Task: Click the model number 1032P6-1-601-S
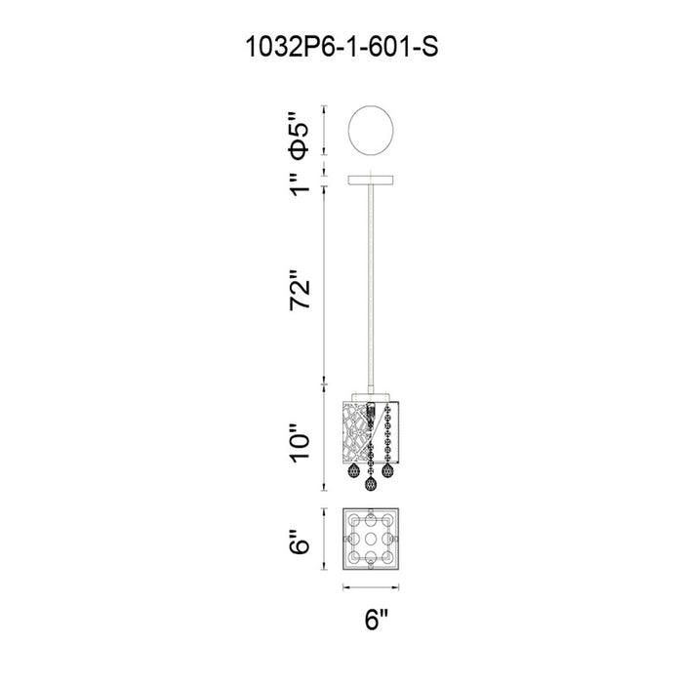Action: pyautogui.click(x=341, y=47)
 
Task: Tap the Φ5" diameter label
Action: pyautogui.click(x=300, y=135)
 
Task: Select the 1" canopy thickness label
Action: pyautogui.click(x=300, y=184)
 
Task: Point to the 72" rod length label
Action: pyautogui.click(x=301, y=290)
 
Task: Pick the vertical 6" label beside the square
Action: pyautogui.click(x=300, y=542)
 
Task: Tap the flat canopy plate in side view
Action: pyautogui.click(x=371, y=180)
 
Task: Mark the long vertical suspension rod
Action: pyautogui.click(x=371, y=289)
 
